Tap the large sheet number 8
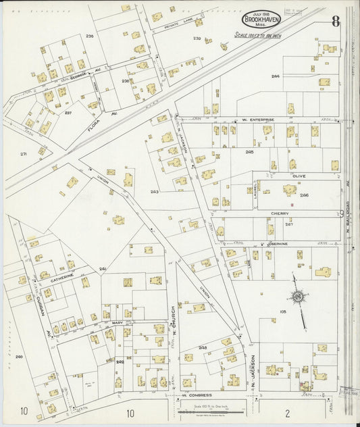click(336, 20)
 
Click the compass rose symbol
click(297, 296)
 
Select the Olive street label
click(299, 176)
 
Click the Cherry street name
click(280, 214)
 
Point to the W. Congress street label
click(197, 395)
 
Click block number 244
click(276, 76)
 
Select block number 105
click(283, 311)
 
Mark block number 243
click(154, 192)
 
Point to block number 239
click(197, 39)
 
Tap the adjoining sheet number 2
click(287, 412)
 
